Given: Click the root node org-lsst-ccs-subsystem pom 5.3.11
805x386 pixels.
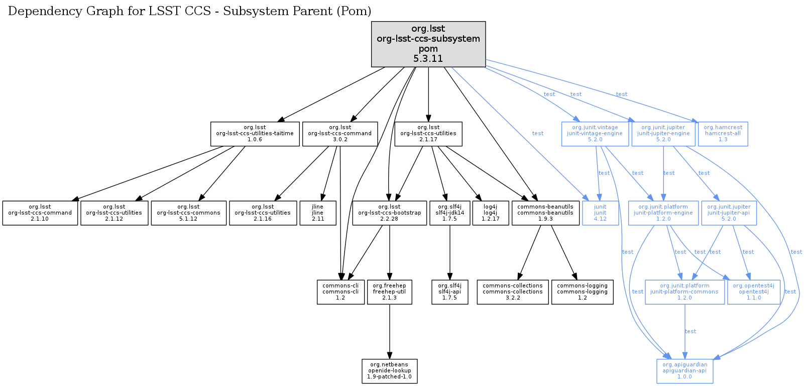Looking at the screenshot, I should (428, 44).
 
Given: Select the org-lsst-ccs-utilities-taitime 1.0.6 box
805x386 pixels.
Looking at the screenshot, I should (255, 134).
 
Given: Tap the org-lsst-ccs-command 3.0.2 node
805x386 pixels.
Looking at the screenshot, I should (340, 134).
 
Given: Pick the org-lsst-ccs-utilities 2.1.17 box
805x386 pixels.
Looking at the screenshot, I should (428, 134).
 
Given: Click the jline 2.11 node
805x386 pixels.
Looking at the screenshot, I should (318, 213).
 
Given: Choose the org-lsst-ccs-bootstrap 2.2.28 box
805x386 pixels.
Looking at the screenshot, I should (390, 213).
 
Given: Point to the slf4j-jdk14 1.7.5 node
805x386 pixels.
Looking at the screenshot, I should (450, 213).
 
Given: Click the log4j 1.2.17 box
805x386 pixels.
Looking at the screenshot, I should (491, 213).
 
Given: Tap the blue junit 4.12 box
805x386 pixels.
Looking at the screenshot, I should (600, 213).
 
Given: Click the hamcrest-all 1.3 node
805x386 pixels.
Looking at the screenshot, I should (723, 134).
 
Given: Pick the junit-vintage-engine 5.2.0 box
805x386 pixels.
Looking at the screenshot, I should (595, 134).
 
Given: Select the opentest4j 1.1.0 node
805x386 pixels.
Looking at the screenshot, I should (754, 292).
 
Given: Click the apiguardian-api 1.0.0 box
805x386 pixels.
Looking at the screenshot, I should (684, 371).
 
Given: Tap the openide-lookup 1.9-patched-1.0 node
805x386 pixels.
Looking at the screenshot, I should (390, 371).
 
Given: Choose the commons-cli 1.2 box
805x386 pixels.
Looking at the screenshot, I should (340, 292).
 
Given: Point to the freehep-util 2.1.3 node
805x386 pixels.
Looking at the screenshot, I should (390, 292).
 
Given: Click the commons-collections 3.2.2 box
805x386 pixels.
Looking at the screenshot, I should (513, 292).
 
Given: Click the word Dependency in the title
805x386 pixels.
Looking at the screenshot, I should (41, 12).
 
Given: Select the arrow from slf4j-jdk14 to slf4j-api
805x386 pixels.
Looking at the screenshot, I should (450, 251).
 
